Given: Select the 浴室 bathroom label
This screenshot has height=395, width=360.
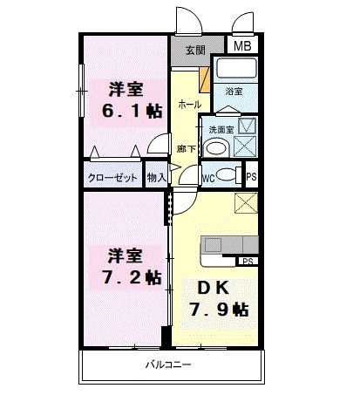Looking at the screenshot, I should pyautogui.click(x=234, y=91).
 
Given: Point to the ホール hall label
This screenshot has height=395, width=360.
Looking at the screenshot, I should pyautogui.click(x=189, y=104).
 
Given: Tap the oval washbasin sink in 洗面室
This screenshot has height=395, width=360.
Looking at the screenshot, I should pyautogui.click(x=217, y=146).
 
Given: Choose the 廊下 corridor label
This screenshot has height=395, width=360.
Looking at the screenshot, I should pyautogui.click(x=185, y=148).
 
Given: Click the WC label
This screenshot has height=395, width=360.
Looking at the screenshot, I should pyautogui.click(x=208, y=177).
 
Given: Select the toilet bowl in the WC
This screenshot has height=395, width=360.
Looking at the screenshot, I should pyautogui.click(x=227, y=174).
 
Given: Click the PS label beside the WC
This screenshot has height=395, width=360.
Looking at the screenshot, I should pyautogui.click(x=251, y=176).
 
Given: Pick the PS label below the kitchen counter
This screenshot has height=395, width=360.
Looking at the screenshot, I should pyautogui.click(x=248, y=261).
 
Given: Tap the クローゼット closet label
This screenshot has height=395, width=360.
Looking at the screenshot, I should pyautogui.click(x=112, y=177).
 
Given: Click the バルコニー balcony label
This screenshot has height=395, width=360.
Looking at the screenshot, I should pyautogui.click(x=167, y=364).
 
